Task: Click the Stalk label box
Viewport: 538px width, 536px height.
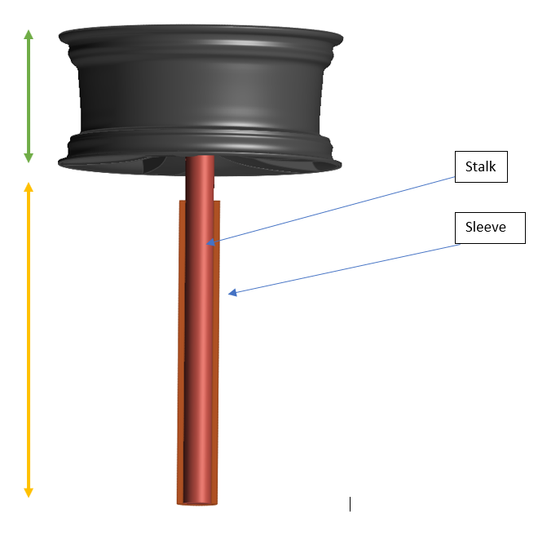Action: tap(480, 167)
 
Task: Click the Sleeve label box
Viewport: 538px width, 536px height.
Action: tap(485, 227)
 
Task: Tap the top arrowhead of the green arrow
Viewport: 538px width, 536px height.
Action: tap(29, 34)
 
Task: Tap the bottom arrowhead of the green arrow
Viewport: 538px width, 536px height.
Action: tap(29, 157)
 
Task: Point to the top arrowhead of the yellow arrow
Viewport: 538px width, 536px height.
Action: tap(29, 188)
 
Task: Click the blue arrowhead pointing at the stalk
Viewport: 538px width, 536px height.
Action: tap(211, 242)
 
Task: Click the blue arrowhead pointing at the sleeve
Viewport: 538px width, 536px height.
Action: tap(232, 291)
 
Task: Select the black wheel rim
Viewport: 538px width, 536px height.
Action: tap(204, 90)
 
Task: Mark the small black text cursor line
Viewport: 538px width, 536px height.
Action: tap(350, 504)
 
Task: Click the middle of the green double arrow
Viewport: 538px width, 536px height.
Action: tap(29, 95)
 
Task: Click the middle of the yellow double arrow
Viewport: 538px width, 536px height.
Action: tap(29, 339)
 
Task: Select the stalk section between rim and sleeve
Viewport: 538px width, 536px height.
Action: tap(200, 179)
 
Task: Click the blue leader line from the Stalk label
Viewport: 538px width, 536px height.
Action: tap(334, 207)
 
